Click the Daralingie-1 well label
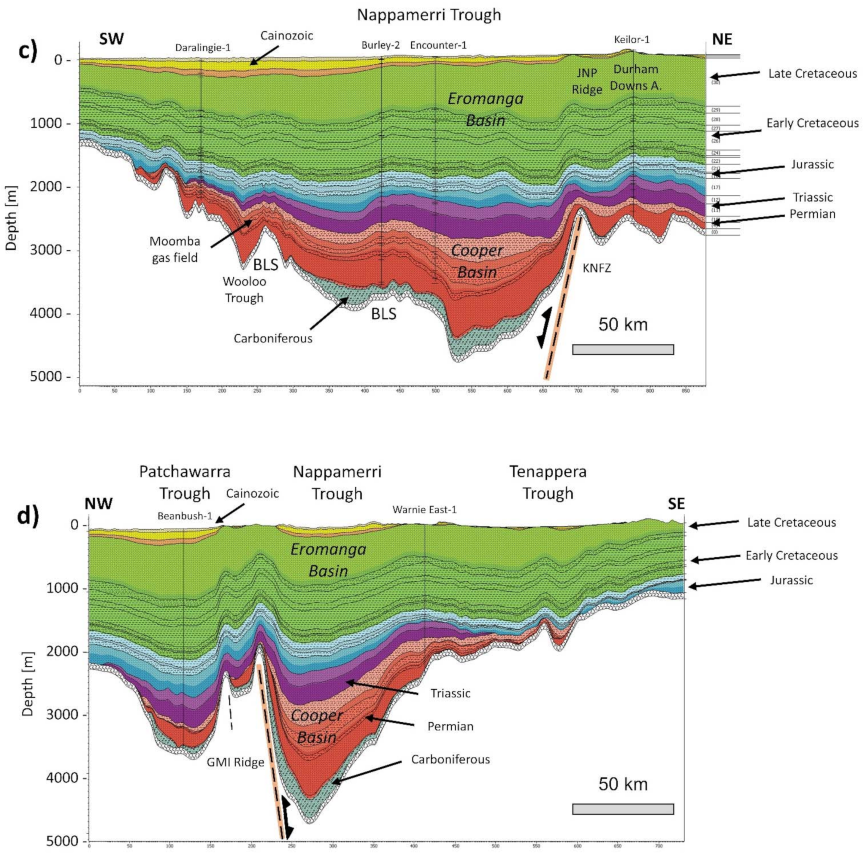pos(202,48)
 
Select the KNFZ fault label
pos(597,269)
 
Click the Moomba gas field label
pos(174,249)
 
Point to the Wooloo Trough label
pos(244,290)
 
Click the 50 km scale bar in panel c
pos(623,349)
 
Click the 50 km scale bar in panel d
pos(623,809)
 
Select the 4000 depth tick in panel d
pos(63,778)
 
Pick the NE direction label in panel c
pos(722,40)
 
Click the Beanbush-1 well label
pos(184,516)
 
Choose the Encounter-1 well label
pos(438,45)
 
